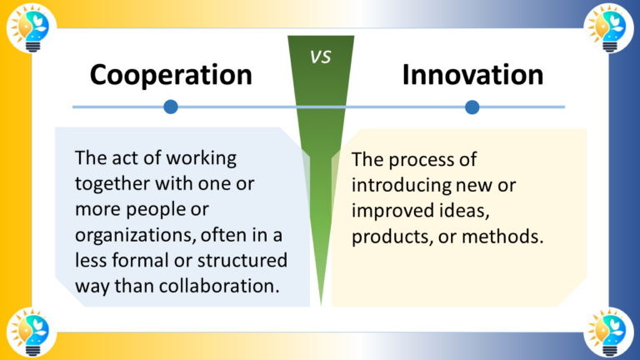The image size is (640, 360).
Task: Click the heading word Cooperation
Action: [x=171, y=75]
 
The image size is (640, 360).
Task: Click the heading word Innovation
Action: [x=472, y=75]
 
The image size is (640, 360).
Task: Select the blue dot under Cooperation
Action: [x=171, y=107]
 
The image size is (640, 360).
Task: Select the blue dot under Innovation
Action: [x=472, y=107]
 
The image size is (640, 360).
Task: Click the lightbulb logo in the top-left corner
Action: [x=28, y=27]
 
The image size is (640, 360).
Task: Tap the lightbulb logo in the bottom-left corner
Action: [x=28, y=332]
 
